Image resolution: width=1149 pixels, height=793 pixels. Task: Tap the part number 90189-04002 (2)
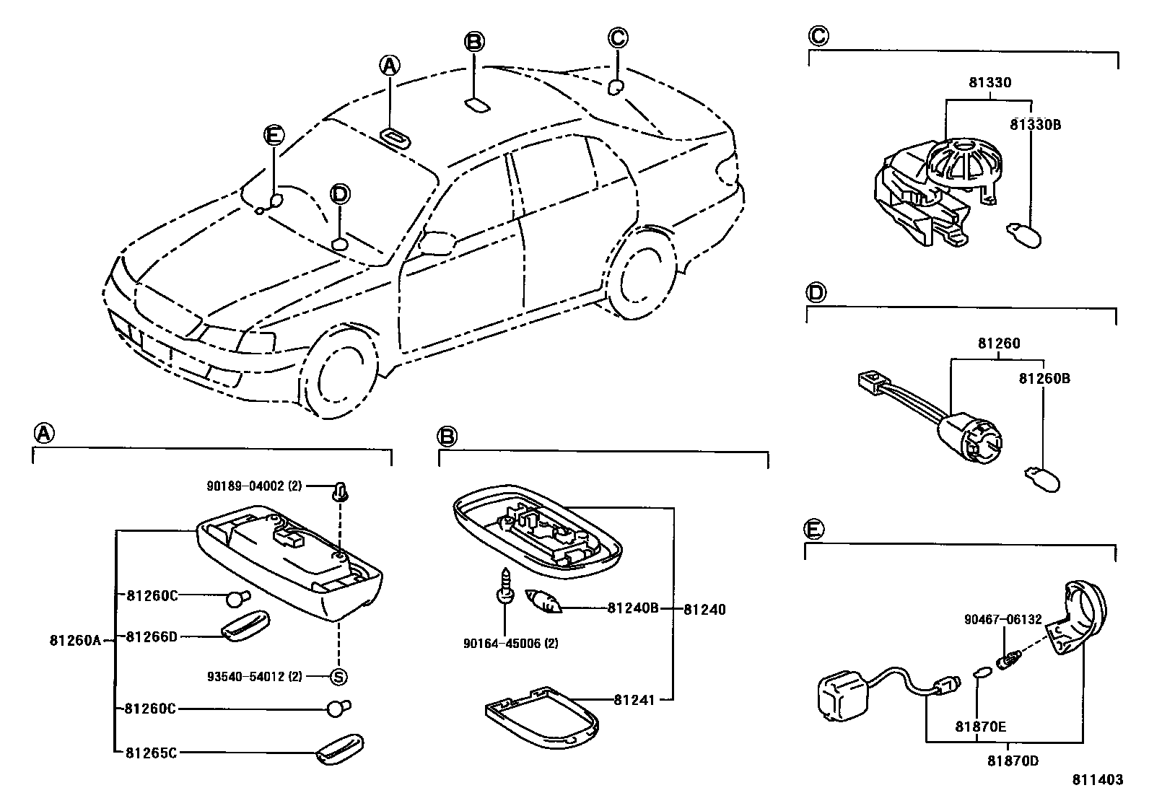pyautogui.click(x=254, y=487)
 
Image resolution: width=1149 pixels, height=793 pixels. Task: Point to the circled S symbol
pyautogui.click(x=338, y=677)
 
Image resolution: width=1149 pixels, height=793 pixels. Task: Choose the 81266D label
pyautogui.click(x=151, y=636)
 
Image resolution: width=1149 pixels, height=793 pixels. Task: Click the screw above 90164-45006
pyautogui.click(x=504, y=584)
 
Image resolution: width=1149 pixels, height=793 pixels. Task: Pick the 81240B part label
pyautogui.click(x=633, y=608)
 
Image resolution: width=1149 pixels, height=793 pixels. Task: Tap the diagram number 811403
pyautogui.click(x=1098, y=780)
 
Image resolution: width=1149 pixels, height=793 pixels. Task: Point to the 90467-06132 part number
pyautogui.click(x=1002, y=619)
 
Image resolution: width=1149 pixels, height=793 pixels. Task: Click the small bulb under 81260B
pyautogui.click(x=1042, y=480)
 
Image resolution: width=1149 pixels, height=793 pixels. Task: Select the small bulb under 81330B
pyautogui.click(x=1023, y=235)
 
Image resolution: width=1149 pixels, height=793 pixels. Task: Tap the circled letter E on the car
pyautogui.click(x=273, y=135)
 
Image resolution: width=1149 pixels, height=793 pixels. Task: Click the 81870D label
pyautogui.click(x=1013, y=761)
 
